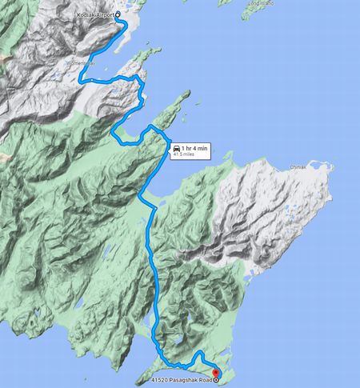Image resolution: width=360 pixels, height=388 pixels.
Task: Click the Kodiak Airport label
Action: [96, 15]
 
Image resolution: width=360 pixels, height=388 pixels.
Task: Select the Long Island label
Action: [261, 3]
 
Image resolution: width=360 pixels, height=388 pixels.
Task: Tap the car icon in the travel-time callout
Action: [175, 149]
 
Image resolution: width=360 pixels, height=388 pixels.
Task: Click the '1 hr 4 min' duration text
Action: [194, 149]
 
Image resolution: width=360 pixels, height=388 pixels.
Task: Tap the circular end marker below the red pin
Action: [215, 381]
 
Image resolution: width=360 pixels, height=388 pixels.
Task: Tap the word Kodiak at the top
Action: [86, 15]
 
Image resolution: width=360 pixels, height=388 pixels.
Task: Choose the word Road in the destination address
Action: [205, 381]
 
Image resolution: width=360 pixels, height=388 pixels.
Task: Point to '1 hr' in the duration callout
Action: [187, 149]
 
